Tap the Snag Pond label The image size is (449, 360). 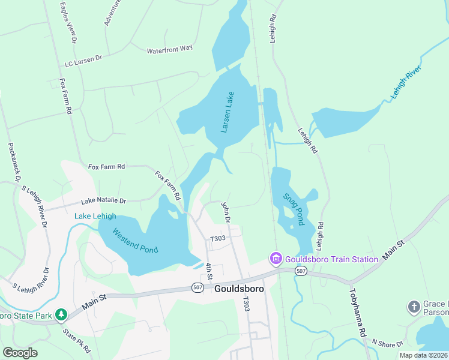[293, 208]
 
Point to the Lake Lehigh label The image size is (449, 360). [95, 216]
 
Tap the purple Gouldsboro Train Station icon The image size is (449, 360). [276, 259]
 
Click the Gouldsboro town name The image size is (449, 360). [238, 289]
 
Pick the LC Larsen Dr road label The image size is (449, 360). [83, 61]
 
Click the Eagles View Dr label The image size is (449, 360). [68, 22]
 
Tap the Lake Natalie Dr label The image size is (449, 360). [104, 201]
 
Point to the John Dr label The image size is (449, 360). [226, 212]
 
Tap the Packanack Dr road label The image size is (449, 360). [14, 162]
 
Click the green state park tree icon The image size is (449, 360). [61, 314]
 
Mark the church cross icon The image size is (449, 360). [414, 307]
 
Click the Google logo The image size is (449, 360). [20, 352]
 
